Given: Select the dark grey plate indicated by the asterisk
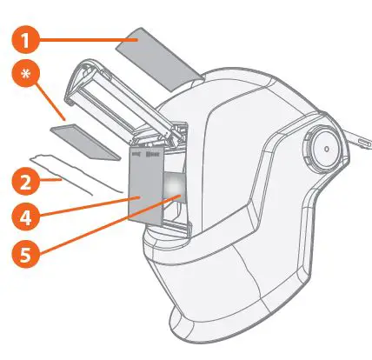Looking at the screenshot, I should (x=84, y=142).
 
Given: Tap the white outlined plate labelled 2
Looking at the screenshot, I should (x=78, y=173).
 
